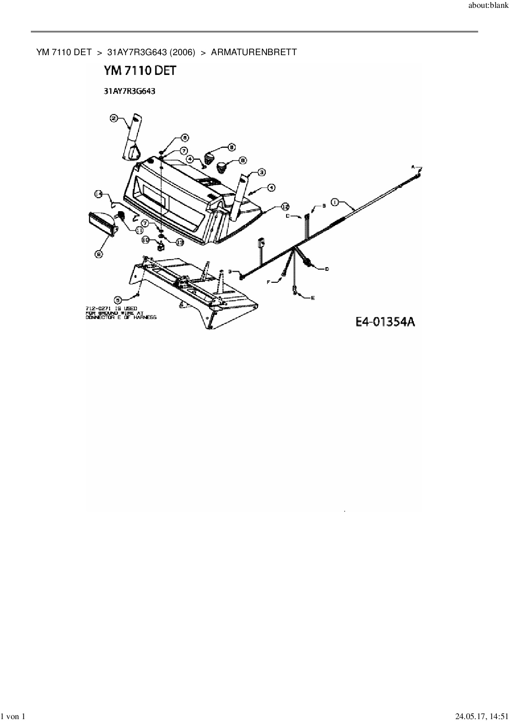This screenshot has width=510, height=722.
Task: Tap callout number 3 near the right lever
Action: (261, 172)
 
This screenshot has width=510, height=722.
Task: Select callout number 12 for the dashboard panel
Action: (285, 206)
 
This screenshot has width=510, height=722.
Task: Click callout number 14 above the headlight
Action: (99, 193)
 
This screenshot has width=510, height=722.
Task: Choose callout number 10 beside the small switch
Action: (146, 240)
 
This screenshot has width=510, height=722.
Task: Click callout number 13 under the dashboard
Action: (180, 242)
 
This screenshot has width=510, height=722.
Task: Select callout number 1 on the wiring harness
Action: (335, 202)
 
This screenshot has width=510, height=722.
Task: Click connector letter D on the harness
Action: (327, 269)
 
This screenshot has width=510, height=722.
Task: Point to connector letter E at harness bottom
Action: (313, 298)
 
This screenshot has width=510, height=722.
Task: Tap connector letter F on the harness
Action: (269, 282)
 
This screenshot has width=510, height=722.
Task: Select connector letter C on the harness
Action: (288, 215)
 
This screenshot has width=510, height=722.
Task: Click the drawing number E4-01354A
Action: (385, 321)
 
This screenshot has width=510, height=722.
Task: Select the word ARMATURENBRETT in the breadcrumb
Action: (254, 52)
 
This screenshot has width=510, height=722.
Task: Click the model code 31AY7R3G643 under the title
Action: (129, 91)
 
